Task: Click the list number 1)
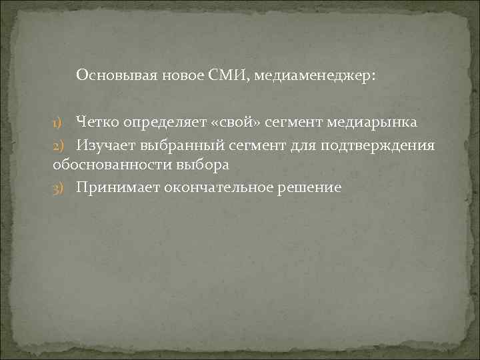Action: [x=57, y=123]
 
